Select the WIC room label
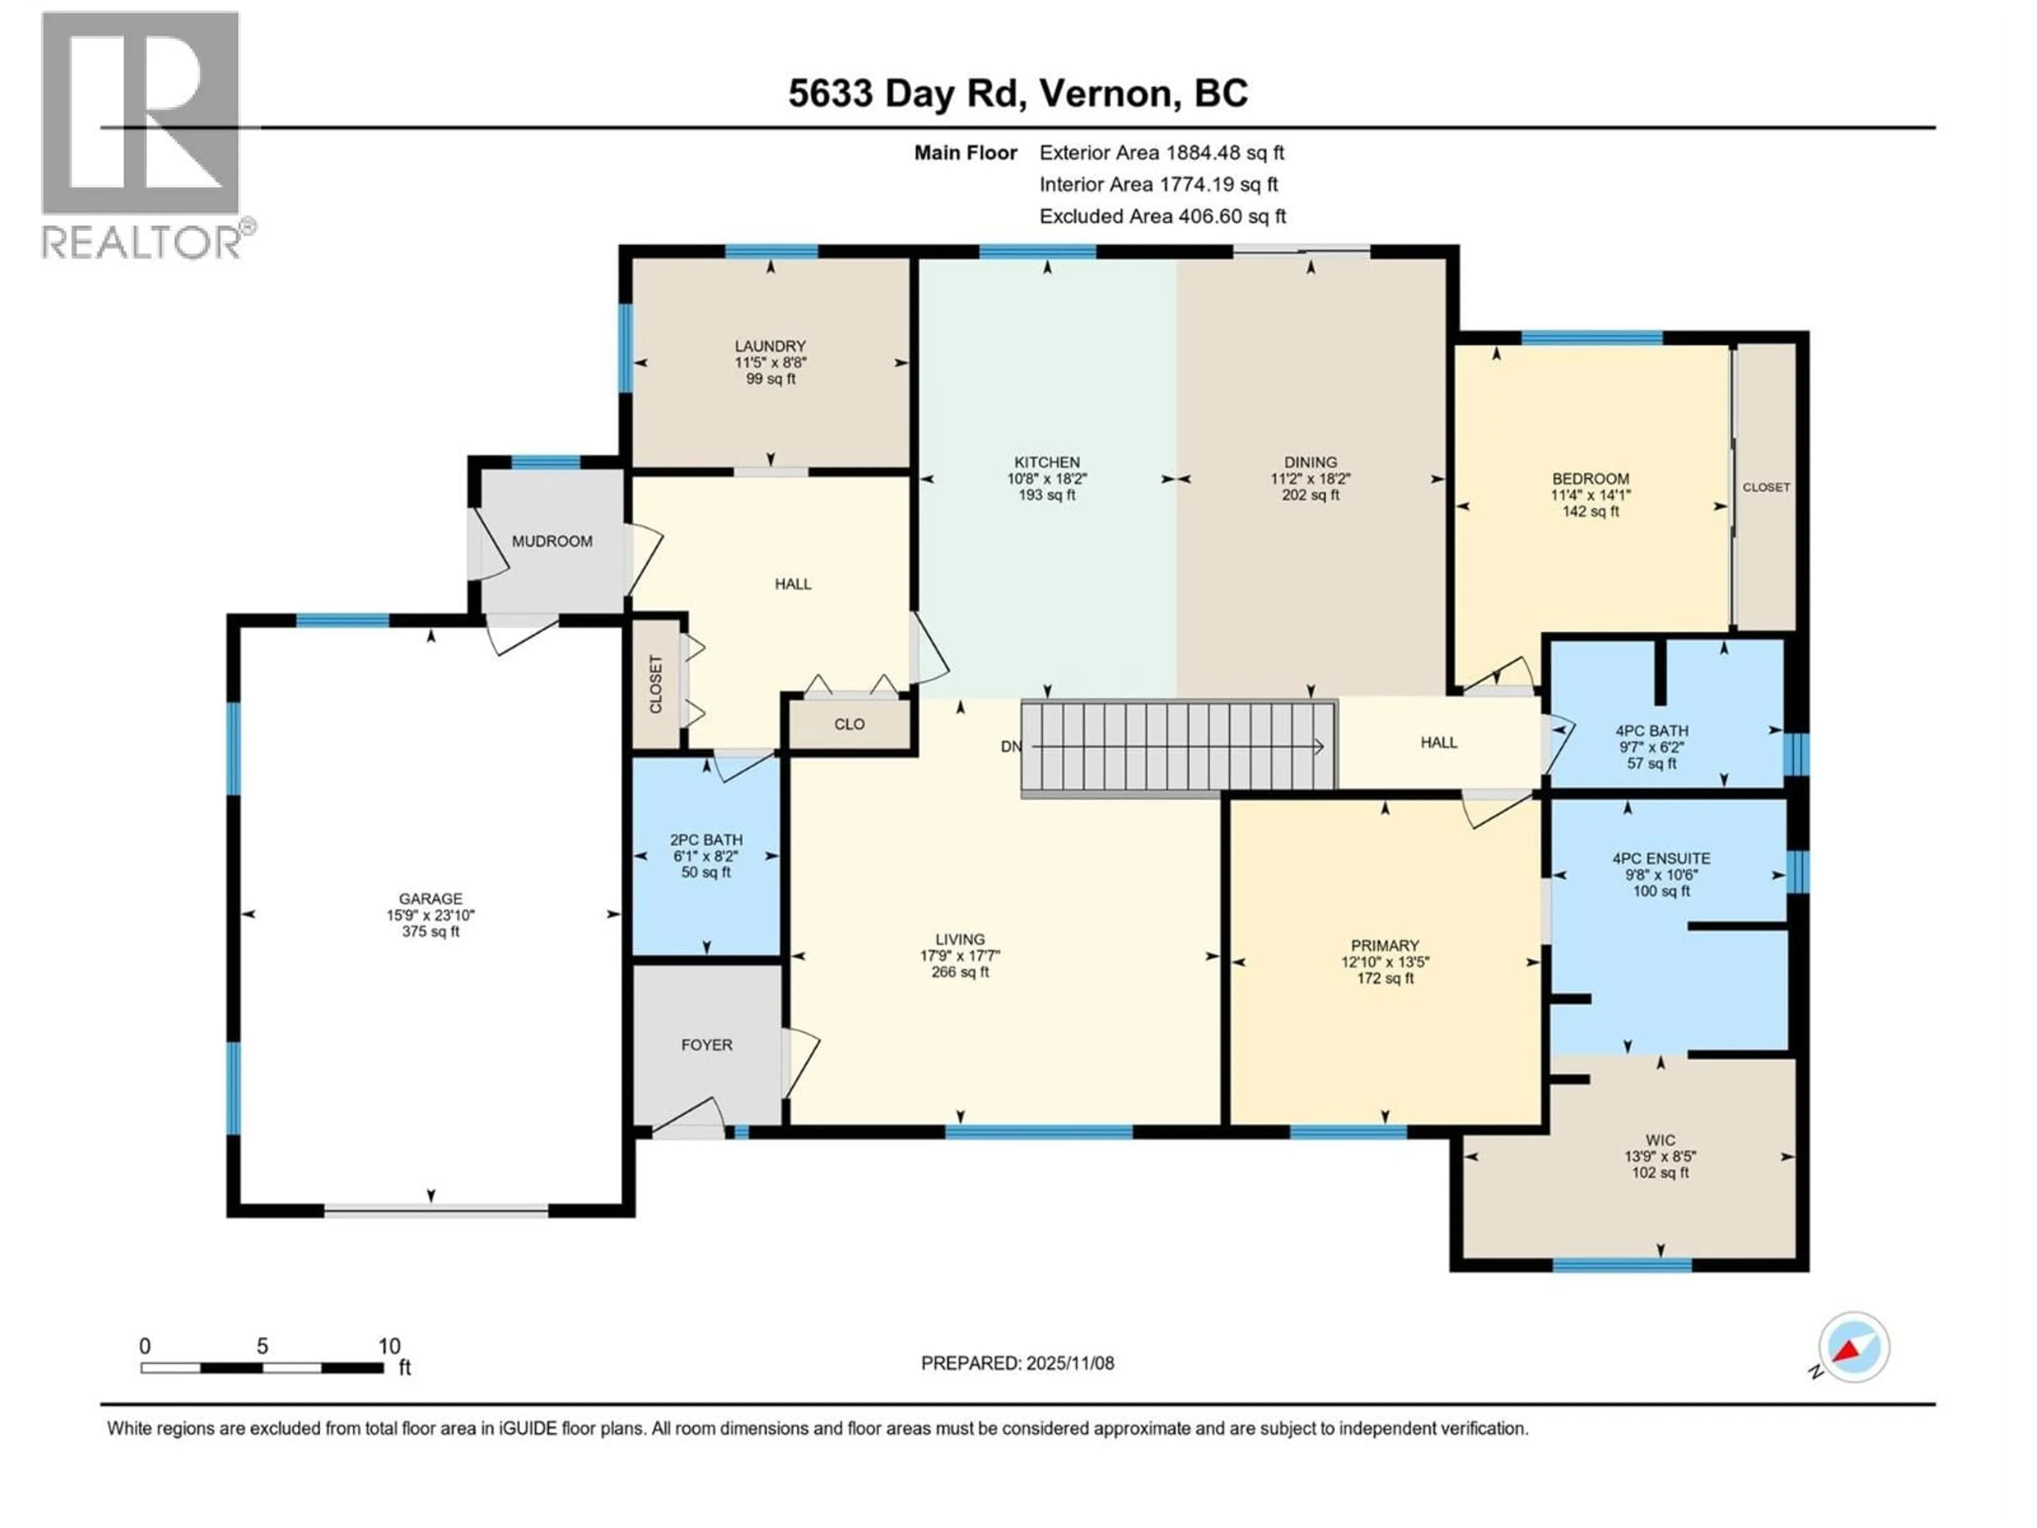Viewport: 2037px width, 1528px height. coord(1660,1140)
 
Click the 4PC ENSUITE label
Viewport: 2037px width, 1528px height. coord(1661,858)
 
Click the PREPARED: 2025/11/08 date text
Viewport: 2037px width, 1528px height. coord(1017,1363)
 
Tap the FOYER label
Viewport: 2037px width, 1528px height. coord(707,1045)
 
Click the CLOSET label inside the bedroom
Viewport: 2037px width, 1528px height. coord(1765,487)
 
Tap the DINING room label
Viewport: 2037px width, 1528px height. coord(1310,462)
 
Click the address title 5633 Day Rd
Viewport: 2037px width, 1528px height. coord(1017,93)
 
